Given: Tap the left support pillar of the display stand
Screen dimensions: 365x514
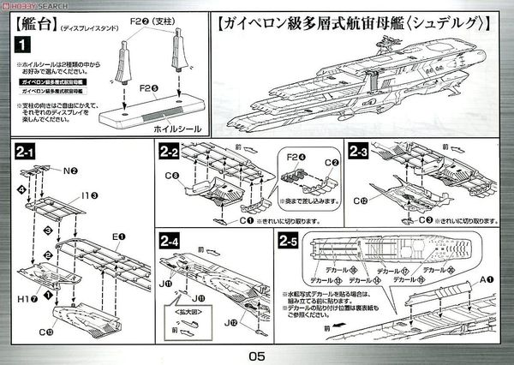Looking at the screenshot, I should [x=140, y=60].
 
